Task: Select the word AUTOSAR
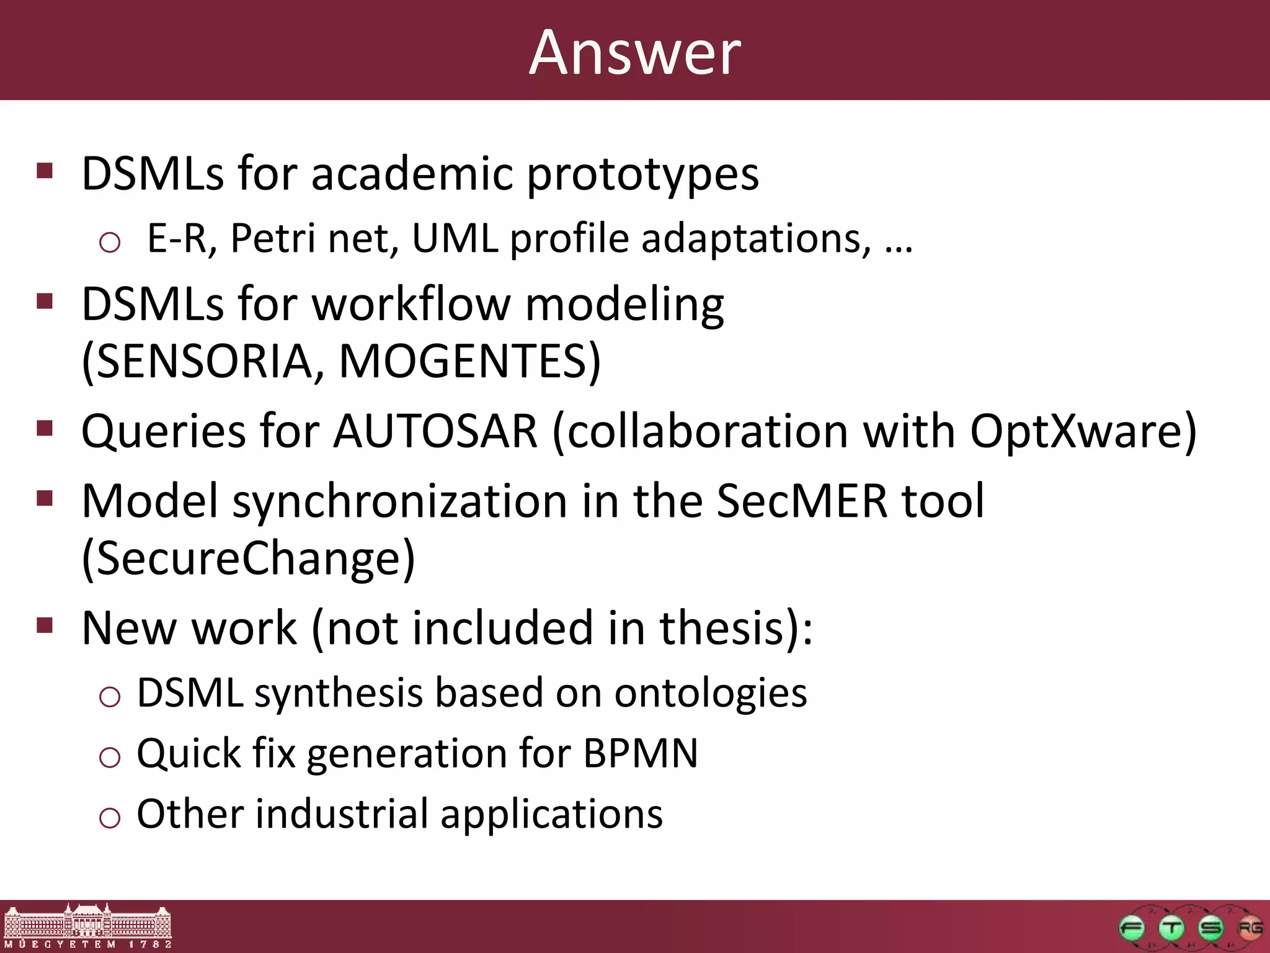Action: [435, 431]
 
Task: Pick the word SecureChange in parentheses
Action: [248, 558]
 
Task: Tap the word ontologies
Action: [710, 694]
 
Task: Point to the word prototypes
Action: [642, 175]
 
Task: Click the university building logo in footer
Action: [87, 926]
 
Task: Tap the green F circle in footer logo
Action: [1132, 929]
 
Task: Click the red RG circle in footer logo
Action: [1249, 929]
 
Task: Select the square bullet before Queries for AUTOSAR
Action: [45, 428]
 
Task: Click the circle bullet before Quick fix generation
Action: [110, 757]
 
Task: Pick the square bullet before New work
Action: [45, 625]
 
